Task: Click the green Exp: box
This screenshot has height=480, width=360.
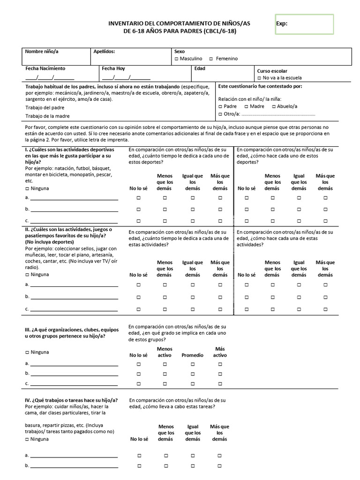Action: tap(304, 24)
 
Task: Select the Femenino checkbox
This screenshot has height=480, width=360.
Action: tap(211, 59)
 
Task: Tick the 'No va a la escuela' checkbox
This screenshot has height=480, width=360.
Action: tap(259, 78)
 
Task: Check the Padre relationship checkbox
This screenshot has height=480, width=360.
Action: tap(220, 107)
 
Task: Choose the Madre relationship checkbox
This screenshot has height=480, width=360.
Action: tap(246, 107)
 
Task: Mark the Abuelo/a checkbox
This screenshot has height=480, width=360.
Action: tap(273, 107)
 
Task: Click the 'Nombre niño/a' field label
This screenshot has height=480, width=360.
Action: tap(41, 51)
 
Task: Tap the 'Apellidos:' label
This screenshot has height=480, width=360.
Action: tap(104, 51)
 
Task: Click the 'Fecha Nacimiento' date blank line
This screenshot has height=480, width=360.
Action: tap(50, 78)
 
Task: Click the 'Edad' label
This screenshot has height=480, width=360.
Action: tap(200, 68)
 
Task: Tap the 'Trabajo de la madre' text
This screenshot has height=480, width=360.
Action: tap(48, 116)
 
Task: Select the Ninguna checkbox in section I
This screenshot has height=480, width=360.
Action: tap(27, 188)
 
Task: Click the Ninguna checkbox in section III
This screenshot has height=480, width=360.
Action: tap(27, 352)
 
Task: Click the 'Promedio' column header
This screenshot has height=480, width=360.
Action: tap(192, 355)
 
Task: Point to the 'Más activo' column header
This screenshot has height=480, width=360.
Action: tap(220, 352)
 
